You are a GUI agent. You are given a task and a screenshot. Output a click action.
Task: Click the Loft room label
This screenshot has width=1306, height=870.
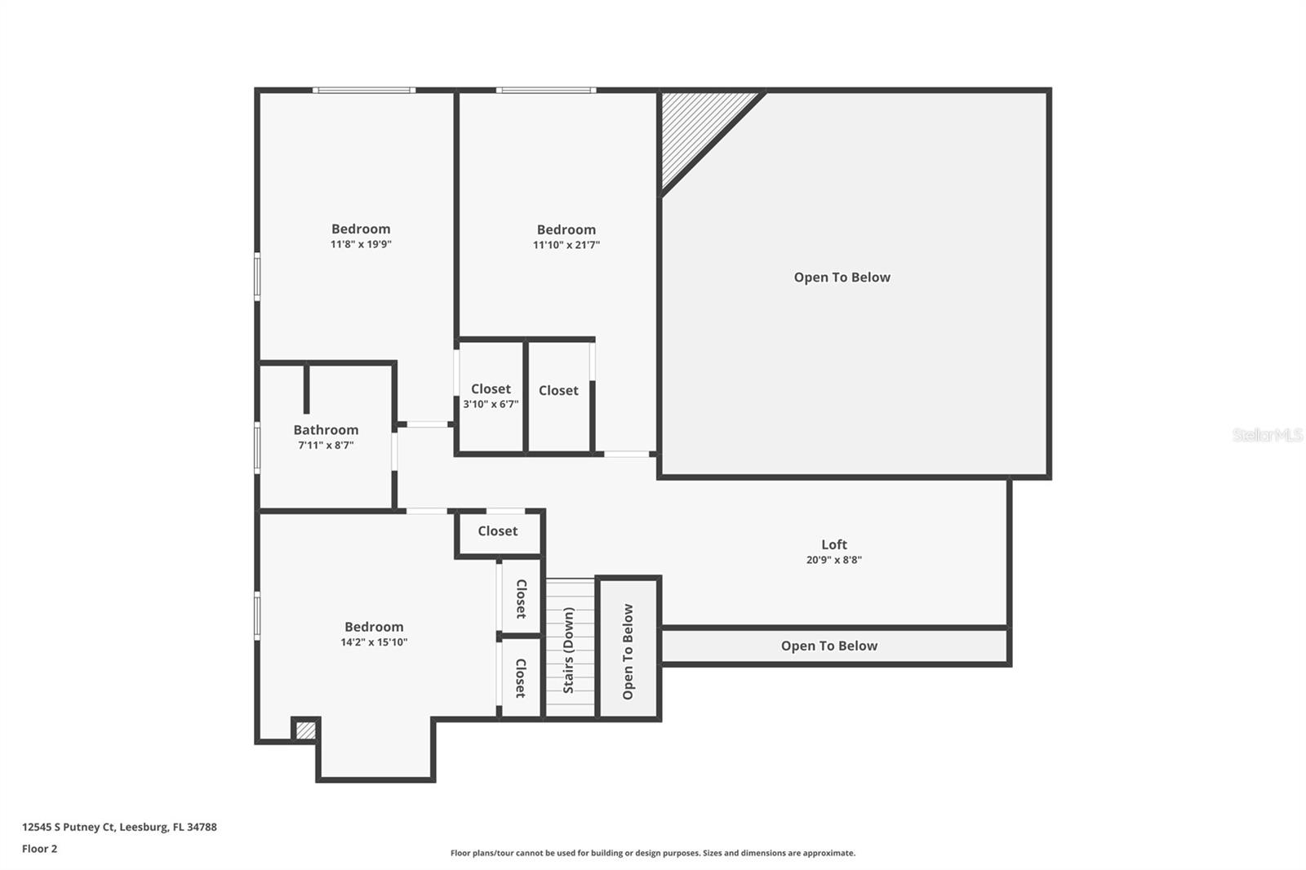click(833, 544)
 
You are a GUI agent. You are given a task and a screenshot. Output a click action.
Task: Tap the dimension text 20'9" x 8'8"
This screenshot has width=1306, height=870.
click(833, 560)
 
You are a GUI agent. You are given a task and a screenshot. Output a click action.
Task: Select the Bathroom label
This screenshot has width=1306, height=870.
click(326, 430)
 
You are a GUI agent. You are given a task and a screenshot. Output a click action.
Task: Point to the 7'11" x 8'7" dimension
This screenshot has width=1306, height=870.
click(326, 446)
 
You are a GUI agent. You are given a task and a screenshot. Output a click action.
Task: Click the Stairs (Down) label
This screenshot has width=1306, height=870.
click(568, 650)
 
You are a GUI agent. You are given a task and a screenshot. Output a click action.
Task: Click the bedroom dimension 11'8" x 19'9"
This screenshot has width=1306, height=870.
click(361, 244)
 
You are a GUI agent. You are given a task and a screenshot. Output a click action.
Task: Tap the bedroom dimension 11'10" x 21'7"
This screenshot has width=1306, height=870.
click(566, 245)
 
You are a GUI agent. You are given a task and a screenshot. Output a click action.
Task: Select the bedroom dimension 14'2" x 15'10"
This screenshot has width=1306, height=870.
click(374, 642)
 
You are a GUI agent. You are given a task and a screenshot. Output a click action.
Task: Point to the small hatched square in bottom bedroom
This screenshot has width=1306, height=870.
click(305, 730)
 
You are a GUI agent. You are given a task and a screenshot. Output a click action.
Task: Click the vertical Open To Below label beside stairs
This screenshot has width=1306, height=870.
click(628, 651)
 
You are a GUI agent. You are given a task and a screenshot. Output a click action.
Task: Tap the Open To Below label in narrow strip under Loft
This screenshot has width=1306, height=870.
click(828, 646)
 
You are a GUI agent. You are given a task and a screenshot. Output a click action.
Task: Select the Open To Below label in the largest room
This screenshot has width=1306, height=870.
click(842, 277)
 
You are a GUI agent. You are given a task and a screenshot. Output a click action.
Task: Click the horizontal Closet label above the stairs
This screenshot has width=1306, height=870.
click(497, 531)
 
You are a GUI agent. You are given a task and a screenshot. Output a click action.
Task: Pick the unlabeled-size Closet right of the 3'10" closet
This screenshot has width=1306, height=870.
click(558, 391)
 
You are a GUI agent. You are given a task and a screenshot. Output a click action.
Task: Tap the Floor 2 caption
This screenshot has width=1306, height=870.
click(39, 849)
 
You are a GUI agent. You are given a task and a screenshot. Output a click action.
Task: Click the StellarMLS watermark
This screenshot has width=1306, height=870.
click(1267, 435)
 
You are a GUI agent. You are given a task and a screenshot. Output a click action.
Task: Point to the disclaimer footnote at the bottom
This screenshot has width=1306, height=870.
click(652, 853)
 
